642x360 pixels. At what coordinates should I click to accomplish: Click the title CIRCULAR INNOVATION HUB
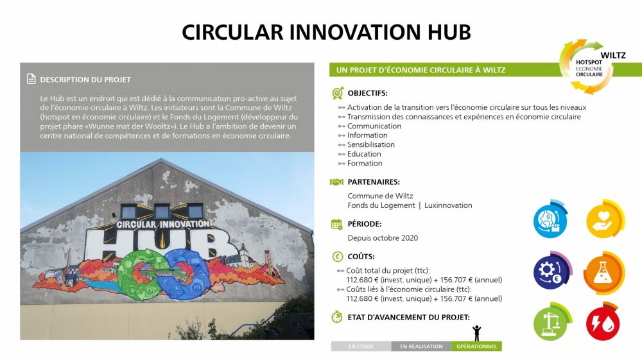pyautogui.click(x=326, y=32)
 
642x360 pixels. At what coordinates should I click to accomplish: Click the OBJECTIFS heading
pyautogui.click(x=367, y=93)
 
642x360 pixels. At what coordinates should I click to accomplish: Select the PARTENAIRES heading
pyautogui.click(x=374, y=182)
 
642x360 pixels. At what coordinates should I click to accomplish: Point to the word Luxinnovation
pyautogui.click(x=448, y=205)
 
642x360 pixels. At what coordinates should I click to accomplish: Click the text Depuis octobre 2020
pyautogui.click(x=383, y=237)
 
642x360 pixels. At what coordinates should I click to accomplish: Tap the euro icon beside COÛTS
pyautogui.click(x=337, y=257)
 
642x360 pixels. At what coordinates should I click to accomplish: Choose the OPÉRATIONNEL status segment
pyautogui.click(x=476, y=347)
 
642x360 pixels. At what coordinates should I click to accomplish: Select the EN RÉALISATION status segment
pyautogui.click(x=421, y=347)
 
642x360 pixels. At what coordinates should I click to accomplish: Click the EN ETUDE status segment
pyautogui.click(x=361, y=347)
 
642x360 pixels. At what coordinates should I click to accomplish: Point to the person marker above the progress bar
pyautogui.click(x=476, y=333)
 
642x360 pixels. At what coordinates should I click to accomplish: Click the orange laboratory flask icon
pyautogui.click(x=603, y=273)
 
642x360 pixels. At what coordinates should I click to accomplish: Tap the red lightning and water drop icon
pyautogui.click(x=603, y=323)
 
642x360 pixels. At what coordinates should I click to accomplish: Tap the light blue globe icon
pyautogui.click(x=551, y=219)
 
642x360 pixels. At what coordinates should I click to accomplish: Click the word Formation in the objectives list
pyautogui.click(x=365, y=163)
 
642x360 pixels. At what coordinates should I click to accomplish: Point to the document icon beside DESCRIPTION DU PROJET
pyautogui.click(x=31, y=79)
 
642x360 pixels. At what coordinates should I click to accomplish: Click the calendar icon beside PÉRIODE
pyautogui.click(x=336, y=224)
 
